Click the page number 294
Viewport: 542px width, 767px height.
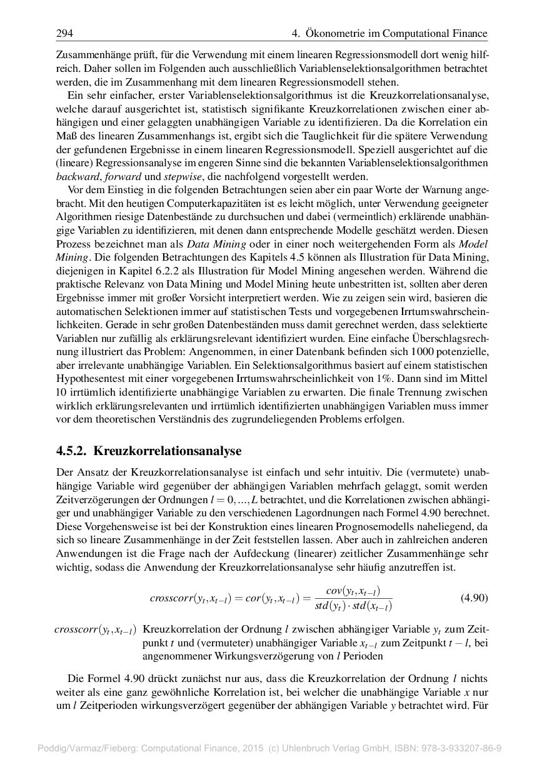pyautogui.click(x=64, y=33)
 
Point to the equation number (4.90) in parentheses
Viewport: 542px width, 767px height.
pyautogui.click(x=474, y=597)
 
